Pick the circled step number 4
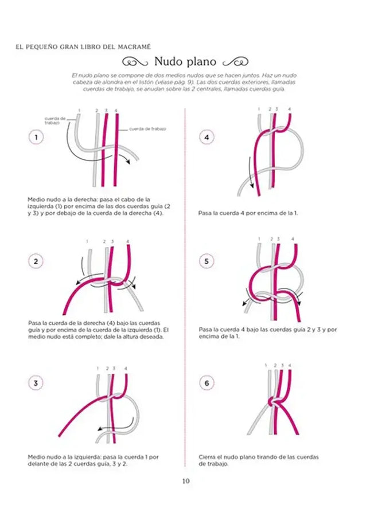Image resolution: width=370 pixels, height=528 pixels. (x=206, y=138)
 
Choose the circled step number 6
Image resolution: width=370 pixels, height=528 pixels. (x=206, y=384)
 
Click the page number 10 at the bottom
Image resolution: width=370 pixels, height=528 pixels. (x=185, y=481)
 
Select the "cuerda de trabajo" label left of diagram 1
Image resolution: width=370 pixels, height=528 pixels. (x=55, y=119)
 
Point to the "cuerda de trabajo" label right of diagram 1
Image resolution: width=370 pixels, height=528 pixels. (x=147, y=129)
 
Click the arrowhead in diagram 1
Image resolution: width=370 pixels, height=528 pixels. (x=130, y=162)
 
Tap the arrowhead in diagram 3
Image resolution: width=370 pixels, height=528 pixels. (x=99, y=428)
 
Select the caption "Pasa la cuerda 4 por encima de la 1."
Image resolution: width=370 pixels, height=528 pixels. (x=248, y=212)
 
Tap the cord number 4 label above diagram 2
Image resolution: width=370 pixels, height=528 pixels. (x=127, y=241)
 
